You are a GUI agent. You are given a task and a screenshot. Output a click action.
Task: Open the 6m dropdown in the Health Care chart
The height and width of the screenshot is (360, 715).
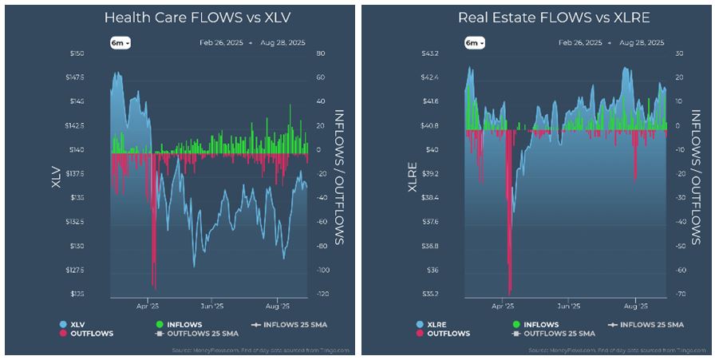(x=120, y=43)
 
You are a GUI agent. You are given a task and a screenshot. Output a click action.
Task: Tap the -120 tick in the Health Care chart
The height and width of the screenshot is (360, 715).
(x=322, y=295)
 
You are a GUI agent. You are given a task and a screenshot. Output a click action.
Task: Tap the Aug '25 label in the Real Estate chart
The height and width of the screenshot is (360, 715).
(x=634, y=305)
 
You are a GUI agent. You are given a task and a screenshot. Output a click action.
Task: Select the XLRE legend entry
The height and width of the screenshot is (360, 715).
(x=429, y=324)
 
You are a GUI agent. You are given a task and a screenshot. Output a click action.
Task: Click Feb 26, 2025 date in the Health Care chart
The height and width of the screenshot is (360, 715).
(x=221, y=43)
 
